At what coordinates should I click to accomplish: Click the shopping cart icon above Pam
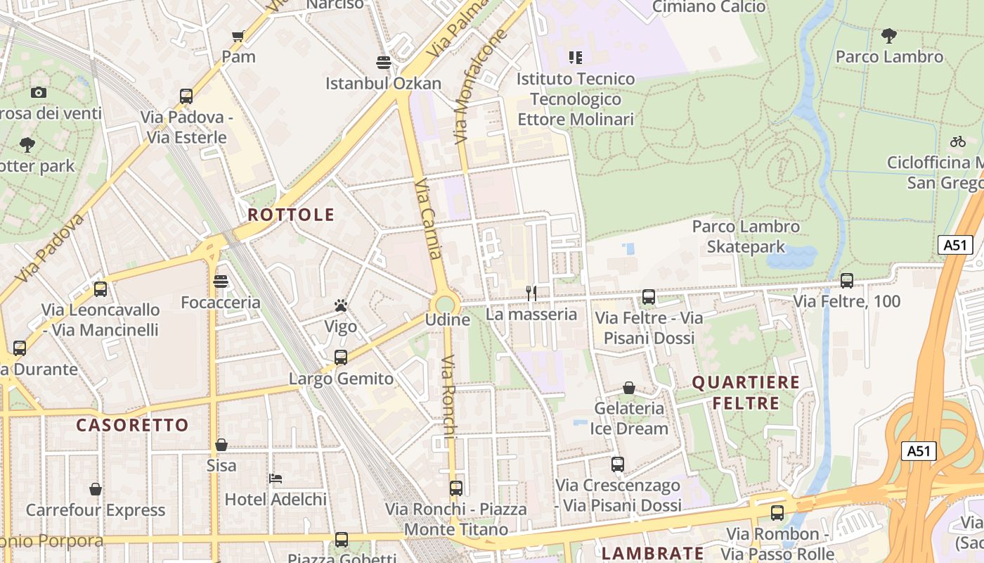pyautogui.click(x=238, y=37)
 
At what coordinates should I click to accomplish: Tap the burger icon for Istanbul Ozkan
pyautogui.click(x=383, y=63)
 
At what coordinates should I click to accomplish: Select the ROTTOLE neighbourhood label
pyautogui.click(x=291, y=215)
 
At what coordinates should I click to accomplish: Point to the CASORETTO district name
pyautogui.click(x=132, y=425)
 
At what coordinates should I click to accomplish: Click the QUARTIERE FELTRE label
pyautogui.click(x=746, y=393)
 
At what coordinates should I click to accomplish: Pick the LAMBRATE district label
pyautogui.click(x=653, y=553)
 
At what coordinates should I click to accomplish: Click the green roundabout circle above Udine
pyautogui.click(x=445, y=305)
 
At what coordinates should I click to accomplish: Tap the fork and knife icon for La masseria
pyautogui.click(x=531, y=293)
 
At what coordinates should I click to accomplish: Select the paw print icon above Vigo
pyautogui.click(x=341, y=305)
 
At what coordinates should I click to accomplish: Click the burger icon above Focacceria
pyautogui.click(x=221, y=281)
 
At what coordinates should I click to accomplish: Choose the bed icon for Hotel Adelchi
pyautogui.click(x=276, y=479)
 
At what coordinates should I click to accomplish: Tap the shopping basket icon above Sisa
pyautogui.click(x=221, y=445)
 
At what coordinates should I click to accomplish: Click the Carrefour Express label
pyautogui.click(x=96, y=510)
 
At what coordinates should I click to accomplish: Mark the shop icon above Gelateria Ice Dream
pyautogui.click(x=629, y=388)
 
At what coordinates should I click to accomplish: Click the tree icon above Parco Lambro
pyautogui.click(x=889, y=35)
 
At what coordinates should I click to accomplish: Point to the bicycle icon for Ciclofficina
pyautogui.click(x=957, y=141)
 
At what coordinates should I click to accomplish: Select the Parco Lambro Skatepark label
pyautogui.click(x=746, y=236)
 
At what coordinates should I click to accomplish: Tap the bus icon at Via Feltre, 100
pyautogui.click(x=847, y=280)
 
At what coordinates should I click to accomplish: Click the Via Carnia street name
pyautogui.click(x=428, y=219)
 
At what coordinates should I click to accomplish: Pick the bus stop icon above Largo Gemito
pyautogui.click(x=341, y=357)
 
